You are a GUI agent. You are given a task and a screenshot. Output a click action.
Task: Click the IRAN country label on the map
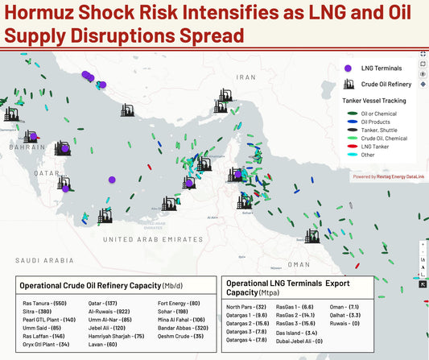click(245, 77)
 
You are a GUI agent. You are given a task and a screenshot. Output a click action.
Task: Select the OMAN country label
click(299, 264)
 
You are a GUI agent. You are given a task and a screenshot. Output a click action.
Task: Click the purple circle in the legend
click(348, 69)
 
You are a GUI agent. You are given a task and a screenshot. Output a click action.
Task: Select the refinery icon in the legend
click(348, 83)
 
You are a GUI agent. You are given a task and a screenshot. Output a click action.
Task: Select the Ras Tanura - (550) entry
click(44, 303)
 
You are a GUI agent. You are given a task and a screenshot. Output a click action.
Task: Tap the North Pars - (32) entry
click(246, 307)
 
